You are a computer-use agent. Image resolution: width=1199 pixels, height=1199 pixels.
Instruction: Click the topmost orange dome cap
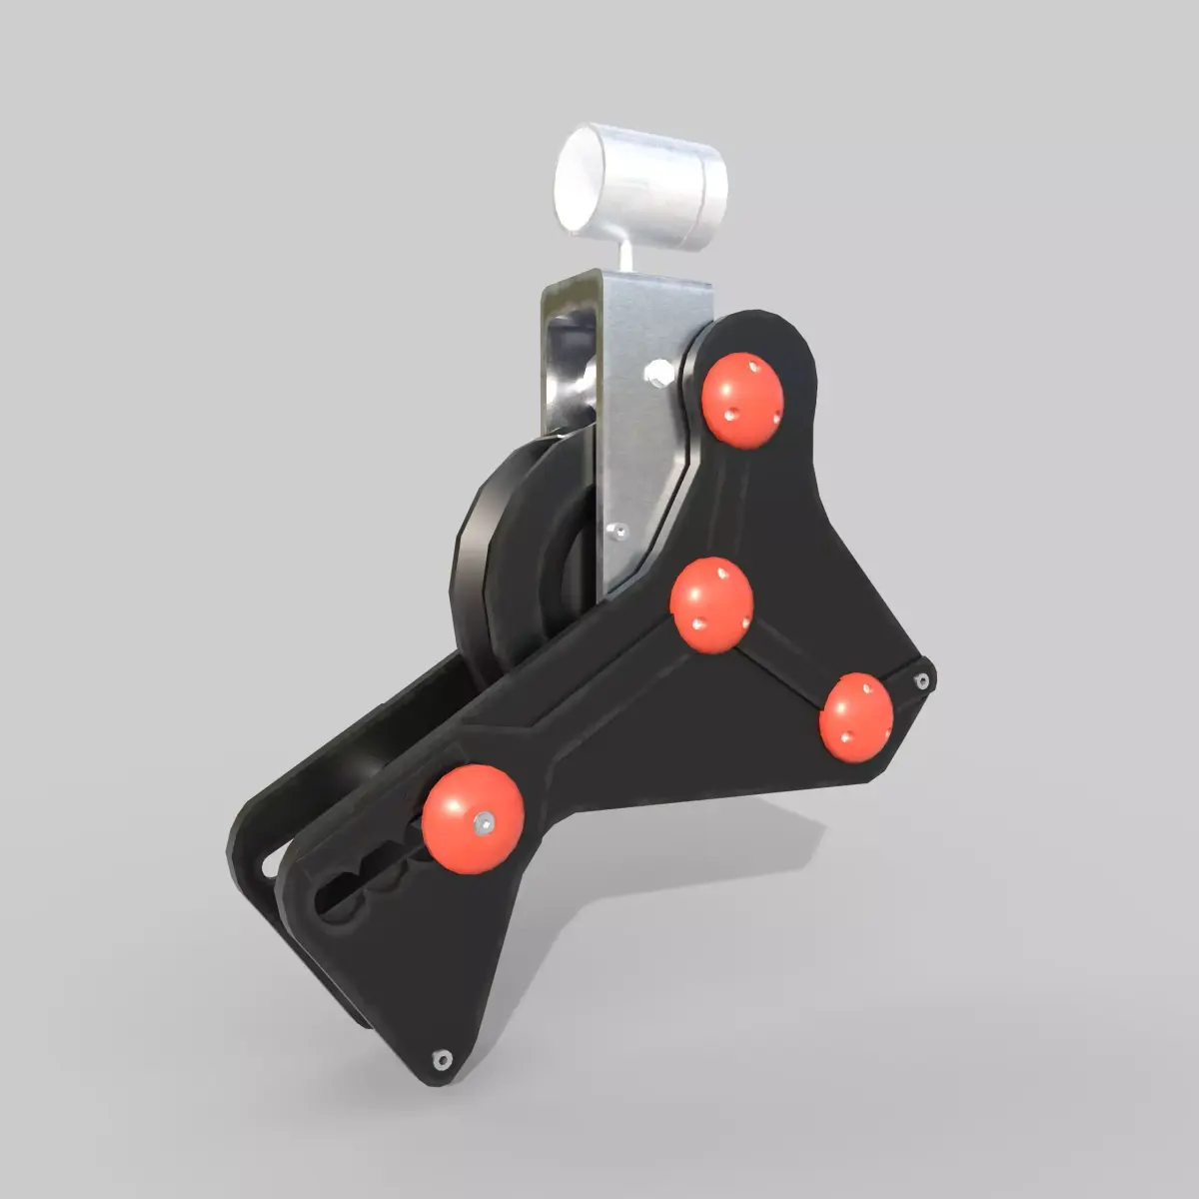(741, 400)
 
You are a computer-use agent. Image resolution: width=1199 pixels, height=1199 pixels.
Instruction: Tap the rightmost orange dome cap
(856, 716)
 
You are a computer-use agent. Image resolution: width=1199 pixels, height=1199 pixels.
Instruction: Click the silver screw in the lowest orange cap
(486, 821)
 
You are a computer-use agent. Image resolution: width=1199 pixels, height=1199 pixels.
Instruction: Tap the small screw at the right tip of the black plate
(921, 680)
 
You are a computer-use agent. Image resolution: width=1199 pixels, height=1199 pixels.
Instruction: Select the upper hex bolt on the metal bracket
(656, 373)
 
